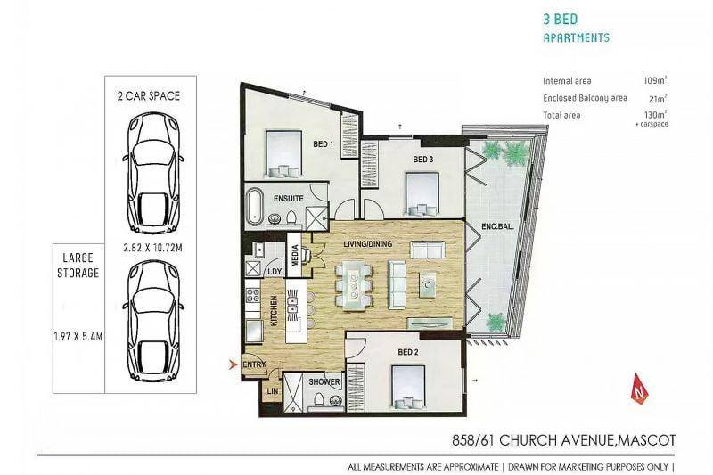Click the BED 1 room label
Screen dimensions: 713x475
click(324, 144)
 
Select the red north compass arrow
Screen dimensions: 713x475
click(641, 388)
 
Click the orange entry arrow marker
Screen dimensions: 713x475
click(234, 364)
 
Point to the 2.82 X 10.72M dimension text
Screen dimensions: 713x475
click(152, 248)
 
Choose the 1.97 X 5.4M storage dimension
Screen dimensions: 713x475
click(78, 337)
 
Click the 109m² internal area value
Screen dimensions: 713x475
click(655, 80)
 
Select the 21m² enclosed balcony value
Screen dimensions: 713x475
click(658, 99)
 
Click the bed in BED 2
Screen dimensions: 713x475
click(408, 388)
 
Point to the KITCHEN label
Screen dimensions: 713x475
click(275, 311)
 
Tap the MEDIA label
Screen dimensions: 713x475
click(295, 256)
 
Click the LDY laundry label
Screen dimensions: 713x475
click(275, 272)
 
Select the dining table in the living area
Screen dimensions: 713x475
click(354, 286)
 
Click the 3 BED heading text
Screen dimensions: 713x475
click(561, 19)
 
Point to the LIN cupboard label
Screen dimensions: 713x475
click(273, 391)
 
